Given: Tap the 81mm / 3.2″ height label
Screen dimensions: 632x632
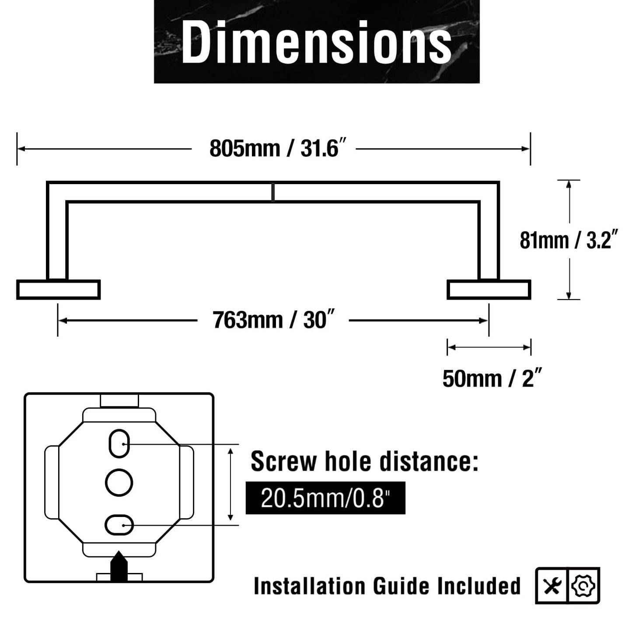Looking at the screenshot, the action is coord(569,240).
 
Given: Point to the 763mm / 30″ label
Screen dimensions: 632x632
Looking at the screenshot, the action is coord(273,320).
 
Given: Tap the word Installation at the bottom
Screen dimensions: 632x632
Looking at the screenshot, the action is coord(310,586).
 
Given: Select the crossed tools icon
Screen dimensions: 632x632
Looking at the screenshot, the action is coord(552,586).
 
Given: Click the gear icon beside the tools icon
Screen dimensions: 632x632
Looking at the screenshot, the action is coord(583,586).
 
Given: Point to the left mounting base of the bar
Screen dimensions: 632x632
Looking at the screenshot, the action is coord(58,290).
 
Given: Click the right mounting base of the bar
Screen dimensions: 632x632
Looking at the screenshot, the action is coord(489,290).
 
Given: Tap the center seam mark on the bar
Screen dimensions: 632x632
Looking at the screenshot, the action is coord(273,192).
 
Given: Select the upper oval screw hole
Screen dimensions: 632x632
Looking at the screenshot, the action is coord(119,444).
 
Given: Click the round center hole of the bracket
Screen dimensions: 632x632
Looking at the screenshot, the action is coord(119,482).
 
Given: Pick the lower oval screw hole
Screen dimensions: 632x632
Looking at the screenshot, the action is coord(119,525).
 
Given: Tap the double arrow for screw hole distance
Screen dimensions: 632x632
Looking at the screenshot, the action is coord(230,484).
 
